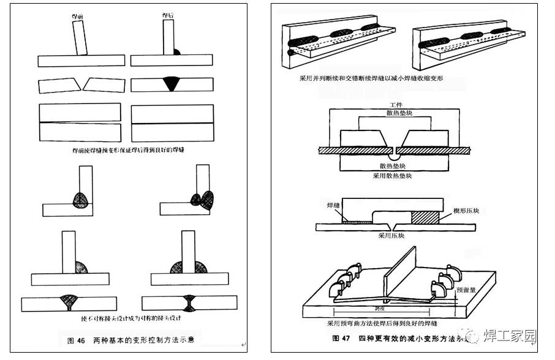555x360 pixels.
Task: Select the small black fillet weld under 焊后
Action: click(176, 51)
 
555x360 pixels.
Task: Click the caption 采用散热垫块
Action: click(392, 176)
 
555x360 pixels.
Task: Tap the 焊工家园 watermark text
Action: click(509, 336)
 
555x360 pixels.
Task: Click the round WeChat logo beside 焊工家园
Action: click(472, 335)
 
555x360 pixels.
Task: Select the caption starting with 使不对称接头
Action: click(129, 318)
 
